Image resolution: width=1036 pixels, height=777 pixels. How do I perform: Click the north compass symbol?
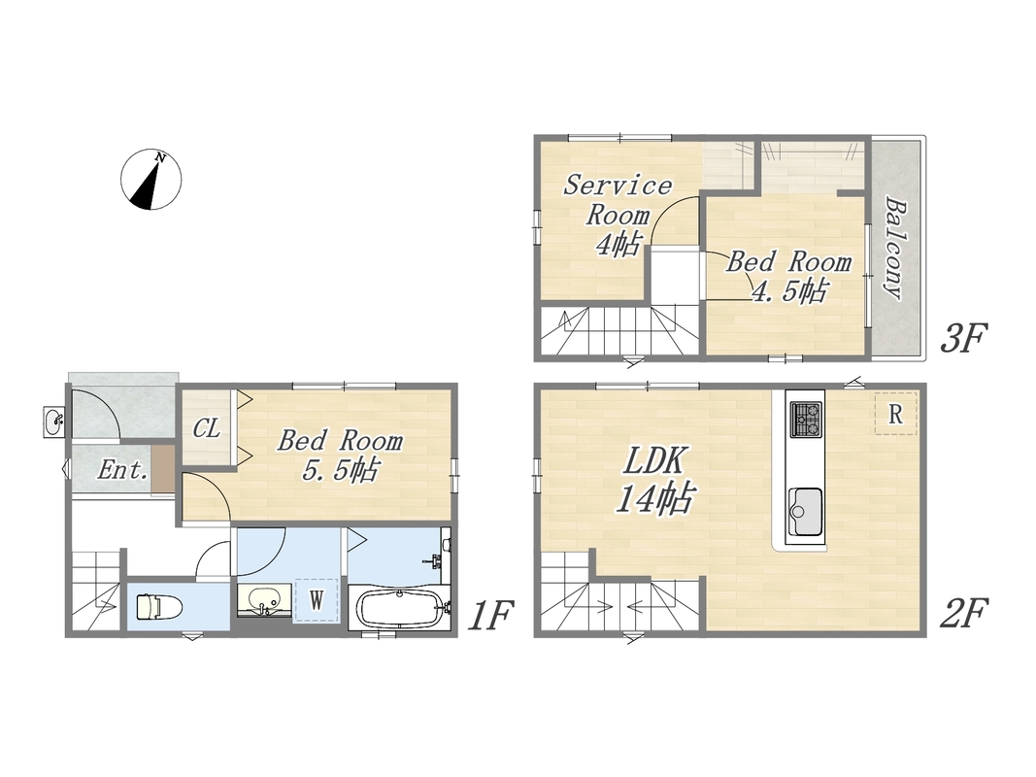[151, 180]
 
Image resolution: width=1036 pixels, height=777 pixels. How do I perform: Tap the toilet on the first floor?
[159, 606]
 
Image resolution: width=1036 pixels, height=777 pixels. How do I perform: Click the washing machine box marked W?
[317, 600]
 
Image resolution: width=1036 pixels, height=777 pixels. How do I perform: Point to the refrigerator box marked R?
[896, 414]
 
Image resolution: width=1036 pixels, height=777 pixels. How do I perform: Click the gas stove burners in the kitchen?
[806, 419]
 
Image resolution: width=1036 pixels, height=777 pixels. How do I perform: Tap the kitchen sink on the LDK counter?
[806, 512]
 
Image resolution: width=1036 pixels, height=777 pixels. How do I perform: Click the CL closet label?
[206, 428]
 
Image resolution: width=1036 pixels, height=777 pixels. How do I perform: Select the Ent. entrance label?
[123, 470]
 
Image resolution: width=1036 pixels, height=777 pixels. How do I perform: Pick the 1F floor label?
[490, 615]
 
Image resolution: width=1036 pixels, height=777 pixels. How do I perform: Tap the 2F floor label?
[962, 613]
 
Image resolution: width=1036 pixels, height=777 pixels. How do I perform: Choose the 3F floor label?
[962, 338]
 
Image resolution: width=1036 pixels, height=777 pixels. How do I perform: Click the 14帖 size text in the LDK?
[654, 498]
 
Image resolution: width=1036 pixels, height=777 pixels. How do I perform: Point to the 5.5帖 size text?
[340, 470]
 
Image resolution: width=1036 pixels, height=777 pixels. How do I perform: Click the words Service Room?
[618, 199]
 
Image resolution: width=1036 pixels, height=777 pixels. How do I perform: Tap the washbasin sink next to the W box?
[264, 600]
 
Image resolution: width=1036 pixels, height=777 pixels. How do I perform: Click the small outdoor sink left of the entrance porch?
[53, 422]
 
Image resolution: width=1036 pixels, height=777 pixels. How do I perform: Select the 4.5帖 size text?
[789, 290]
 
